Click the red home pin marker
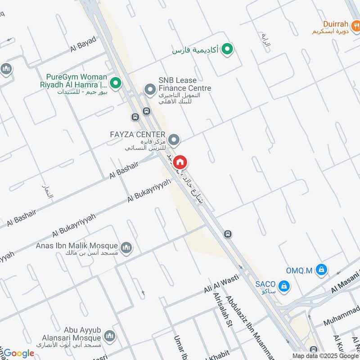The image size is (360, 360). (x=180, y=162)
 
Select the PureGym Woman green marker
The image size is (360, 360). (x=116, y=83)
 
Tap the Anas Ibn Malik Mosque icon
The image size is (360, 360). (x=126, y=247)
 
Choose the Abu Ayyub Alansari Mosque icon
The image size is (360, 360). (x=109, y=336)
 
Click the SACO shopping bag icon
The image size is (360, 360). (x=284, y=285)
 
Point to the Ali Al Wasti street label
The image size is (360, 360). (x=221, y=283)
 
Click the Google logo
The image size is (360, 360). (x=19, y=353)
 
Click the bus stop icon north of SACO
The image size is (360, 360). (x=228, y=234)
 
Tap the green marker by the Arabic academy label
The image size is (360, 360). (x=228, y=49)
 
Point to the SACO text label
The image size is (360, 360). (x=265, y=284)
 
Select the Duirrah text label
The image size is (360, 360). (x=336, y=24)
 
